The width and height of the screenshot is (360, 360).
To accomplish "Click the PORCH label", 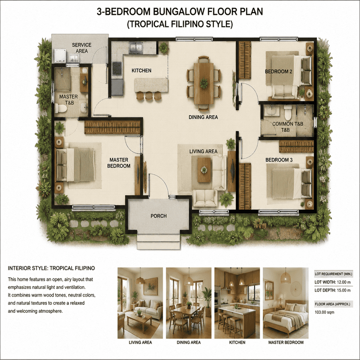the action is (159, 216).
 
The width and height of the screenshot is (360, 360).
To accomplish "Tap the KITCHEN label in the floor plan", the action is (141, 71).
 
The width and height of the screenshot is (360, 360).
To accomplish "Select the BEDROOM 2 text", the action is (279, 72).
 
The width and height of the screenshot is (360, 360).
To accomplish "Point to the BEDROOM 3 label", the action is (279, 160).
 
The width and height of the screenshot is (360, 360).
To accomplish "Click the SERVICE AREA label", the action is (82, 48).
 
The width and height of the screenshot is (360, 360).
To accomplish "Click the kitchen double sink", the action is (136, 48).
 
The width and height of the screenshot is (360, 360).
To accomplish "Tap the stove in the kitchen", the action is (117, 68).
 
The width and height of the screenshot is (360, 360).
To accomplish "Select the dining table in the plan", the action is (204, 83).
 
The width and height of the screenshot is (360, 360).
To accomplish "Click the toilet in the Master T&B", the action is (61, 108).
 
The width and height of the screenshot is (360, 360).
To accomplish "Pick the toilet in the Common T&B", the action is (288, 112).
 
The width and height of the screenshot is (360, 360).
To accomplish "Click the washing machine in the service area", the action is (60, 56).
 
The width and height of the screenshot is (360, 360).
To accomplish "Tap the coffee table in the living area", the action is (204, 170).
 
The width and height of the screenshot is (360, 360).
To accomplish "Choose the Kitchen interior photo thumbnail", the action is (237, 303).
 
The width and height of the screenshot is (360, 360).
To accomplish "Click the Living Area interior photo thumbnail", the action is (140, 303).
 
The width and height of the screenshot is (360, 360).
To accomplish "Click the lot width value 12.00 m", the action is (343, 282).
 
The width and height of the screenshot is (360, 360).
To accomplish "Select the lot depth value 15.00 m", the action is (344, 290).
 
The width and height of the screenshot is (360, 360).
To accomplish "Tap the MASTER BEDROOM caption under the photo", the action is (286, 342).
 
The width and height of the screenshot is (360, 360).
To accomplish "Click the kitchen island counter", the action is (151, 85).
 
